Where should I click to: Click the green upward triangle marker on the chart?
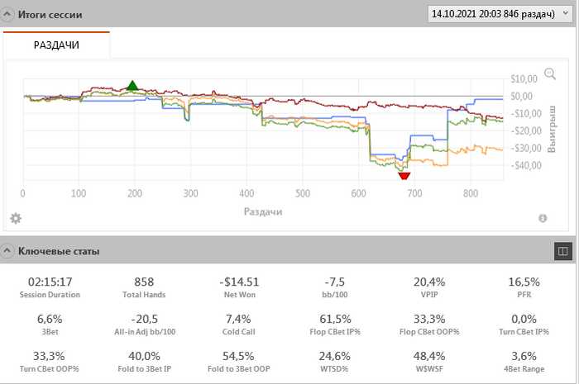pyautogui.click(x=132, y=86)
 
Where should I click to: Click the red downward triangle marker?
pyautogui.click(x=404, y=175)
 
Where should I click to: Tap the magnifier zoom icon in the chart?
pyautogui.click(x=550, y=73)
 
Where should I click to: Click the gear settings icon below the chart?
pyautogui.click(x=15, y=218)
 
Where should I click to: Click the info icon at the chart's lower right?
pyautogui.click(x=543, y=218)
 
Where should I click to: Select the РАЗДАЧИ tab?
pyautogui.click(x=56, y=45)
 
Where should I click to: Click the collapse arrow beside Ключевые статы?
pyautogui.click(x=8, y=250)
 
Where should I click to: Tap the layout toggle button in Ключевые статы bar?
pyautogui.click(x=562, y=249)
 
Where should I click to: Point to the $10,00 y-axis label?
pyautogui.click(x=524, y=79)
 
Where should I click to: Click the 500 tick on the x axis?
pyautogui.click(x=302, y=194)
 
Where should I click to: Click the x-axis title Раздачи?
pyautogui.click(x=263, y=211)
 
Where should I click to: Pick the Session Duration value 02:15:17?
pyautogui.click(x=50, y=282)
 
